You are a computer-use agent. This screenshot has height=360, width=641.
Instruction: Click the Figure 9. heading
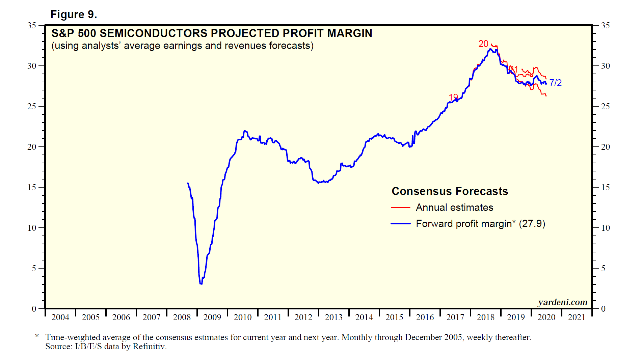click(74, 15)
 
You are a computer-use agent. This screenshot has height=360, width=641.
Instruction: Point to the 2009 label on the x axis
click(212, 317)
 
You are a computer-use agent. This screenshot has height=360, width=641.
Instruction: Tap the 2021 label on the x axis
click(577, 317)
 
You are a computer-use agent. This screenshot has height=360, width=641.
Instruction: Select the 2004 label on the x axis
click(60, 317)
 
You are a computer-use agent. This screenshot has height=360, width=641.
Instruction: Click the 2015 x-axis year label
click(394, 317)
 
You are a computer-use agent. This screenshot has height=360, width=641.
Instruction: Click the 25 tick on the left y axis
click(32, 107)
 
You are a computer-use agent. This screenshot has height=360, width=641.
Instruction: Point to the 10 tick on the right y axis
click(606, 228)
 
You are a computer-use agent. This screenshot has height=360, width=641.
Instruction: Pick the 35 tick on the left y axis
click(32, 26)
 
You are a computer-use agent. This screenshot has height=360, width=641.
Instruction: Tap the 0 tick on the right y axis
click(603, 309)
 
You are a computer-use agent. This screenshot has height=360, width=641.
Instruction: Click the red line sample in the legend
click(400, 207)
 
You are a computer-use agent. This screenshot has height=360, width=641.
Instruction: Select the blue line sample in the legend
click(400, 224)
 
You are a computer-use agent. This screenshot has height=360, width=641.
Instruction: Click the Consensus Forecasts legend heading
click(450, 191)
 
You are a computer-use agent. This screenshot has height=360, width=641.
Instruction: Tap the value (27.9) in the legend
click(532, 224)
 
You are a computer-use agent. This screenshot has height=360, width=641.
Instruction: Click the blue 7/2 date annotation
click(555, 83)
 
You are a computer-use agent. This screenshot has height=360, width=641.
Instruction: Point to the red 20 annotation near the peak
click(483, 44)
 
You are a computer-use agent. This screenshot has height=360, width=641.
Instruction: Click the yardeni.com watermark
click(562, 302)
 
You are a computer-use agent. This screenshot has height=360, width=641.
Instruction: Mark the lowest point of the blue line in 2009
click(201, 284)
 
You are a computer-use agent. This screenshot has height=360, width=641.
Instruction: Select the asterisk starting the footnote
click(37, 336)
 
